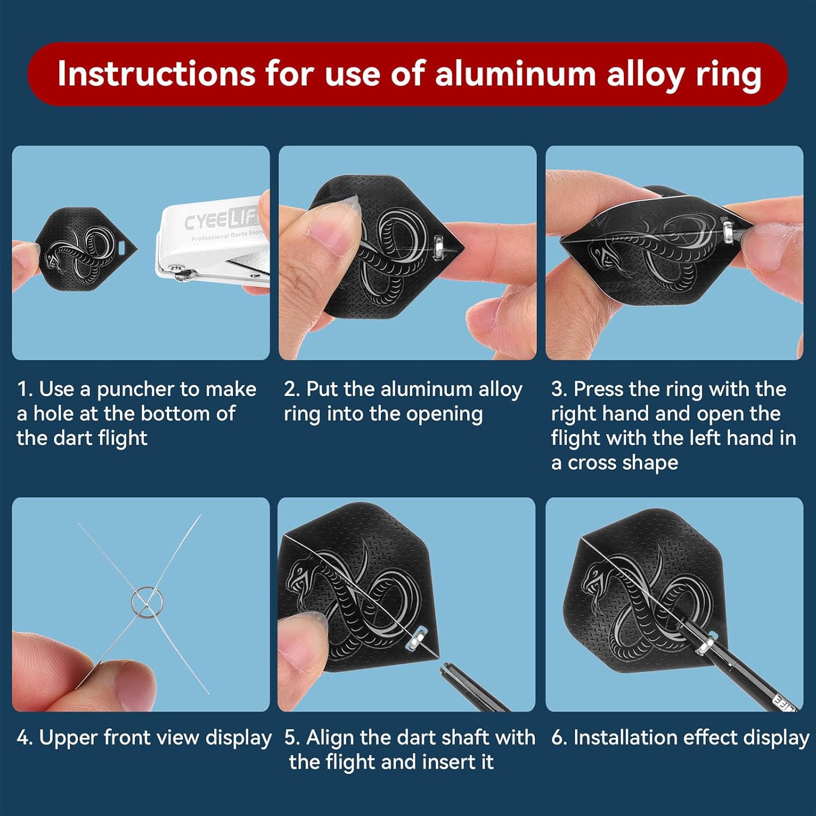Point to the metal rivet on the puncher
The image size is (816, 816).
(177, 268)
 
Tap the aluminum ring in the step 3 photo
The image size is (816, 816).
(728, 228)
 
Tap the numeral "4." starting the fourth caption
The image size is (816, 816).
(24, 738)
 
